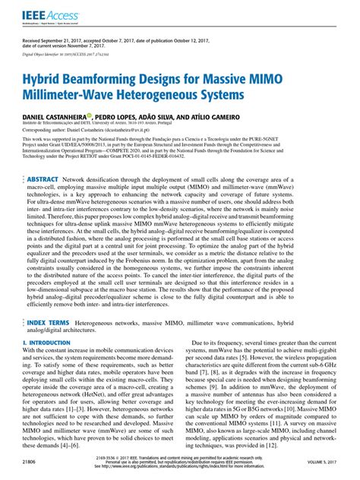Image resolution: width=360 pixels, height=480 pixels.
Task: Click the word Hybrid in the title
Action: click(x=52, y=78)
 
